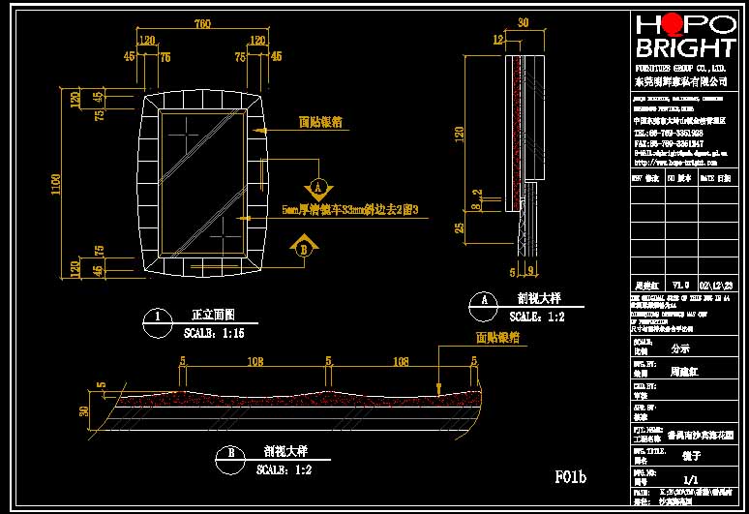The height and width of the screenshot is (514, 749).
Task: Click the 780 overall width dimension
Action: (x=203, y=22)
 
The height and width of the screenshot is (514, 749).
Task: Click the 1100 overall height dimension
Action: (x=57, y=182)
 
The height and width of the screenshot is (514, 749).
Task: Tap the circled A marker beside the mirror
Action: (x=316, y=186)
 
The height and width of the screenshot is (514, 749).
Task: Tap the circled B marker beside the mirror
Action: (x=306, y=248)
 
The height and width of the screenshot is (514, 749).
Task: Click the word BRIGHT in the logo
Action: (x=684, y=49)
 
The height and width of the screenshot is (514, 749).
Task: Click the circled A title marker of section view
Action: (x=477, y=300)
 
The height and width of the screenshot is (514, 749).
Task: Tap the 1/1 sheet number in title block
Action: (x=690, y=479)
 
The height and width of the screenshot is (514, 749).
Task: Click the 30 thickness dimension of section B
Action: (x=83, y=410)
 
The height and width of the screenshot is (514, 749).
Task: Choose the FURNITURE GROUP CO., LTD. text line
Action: (x=680, y=70)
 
